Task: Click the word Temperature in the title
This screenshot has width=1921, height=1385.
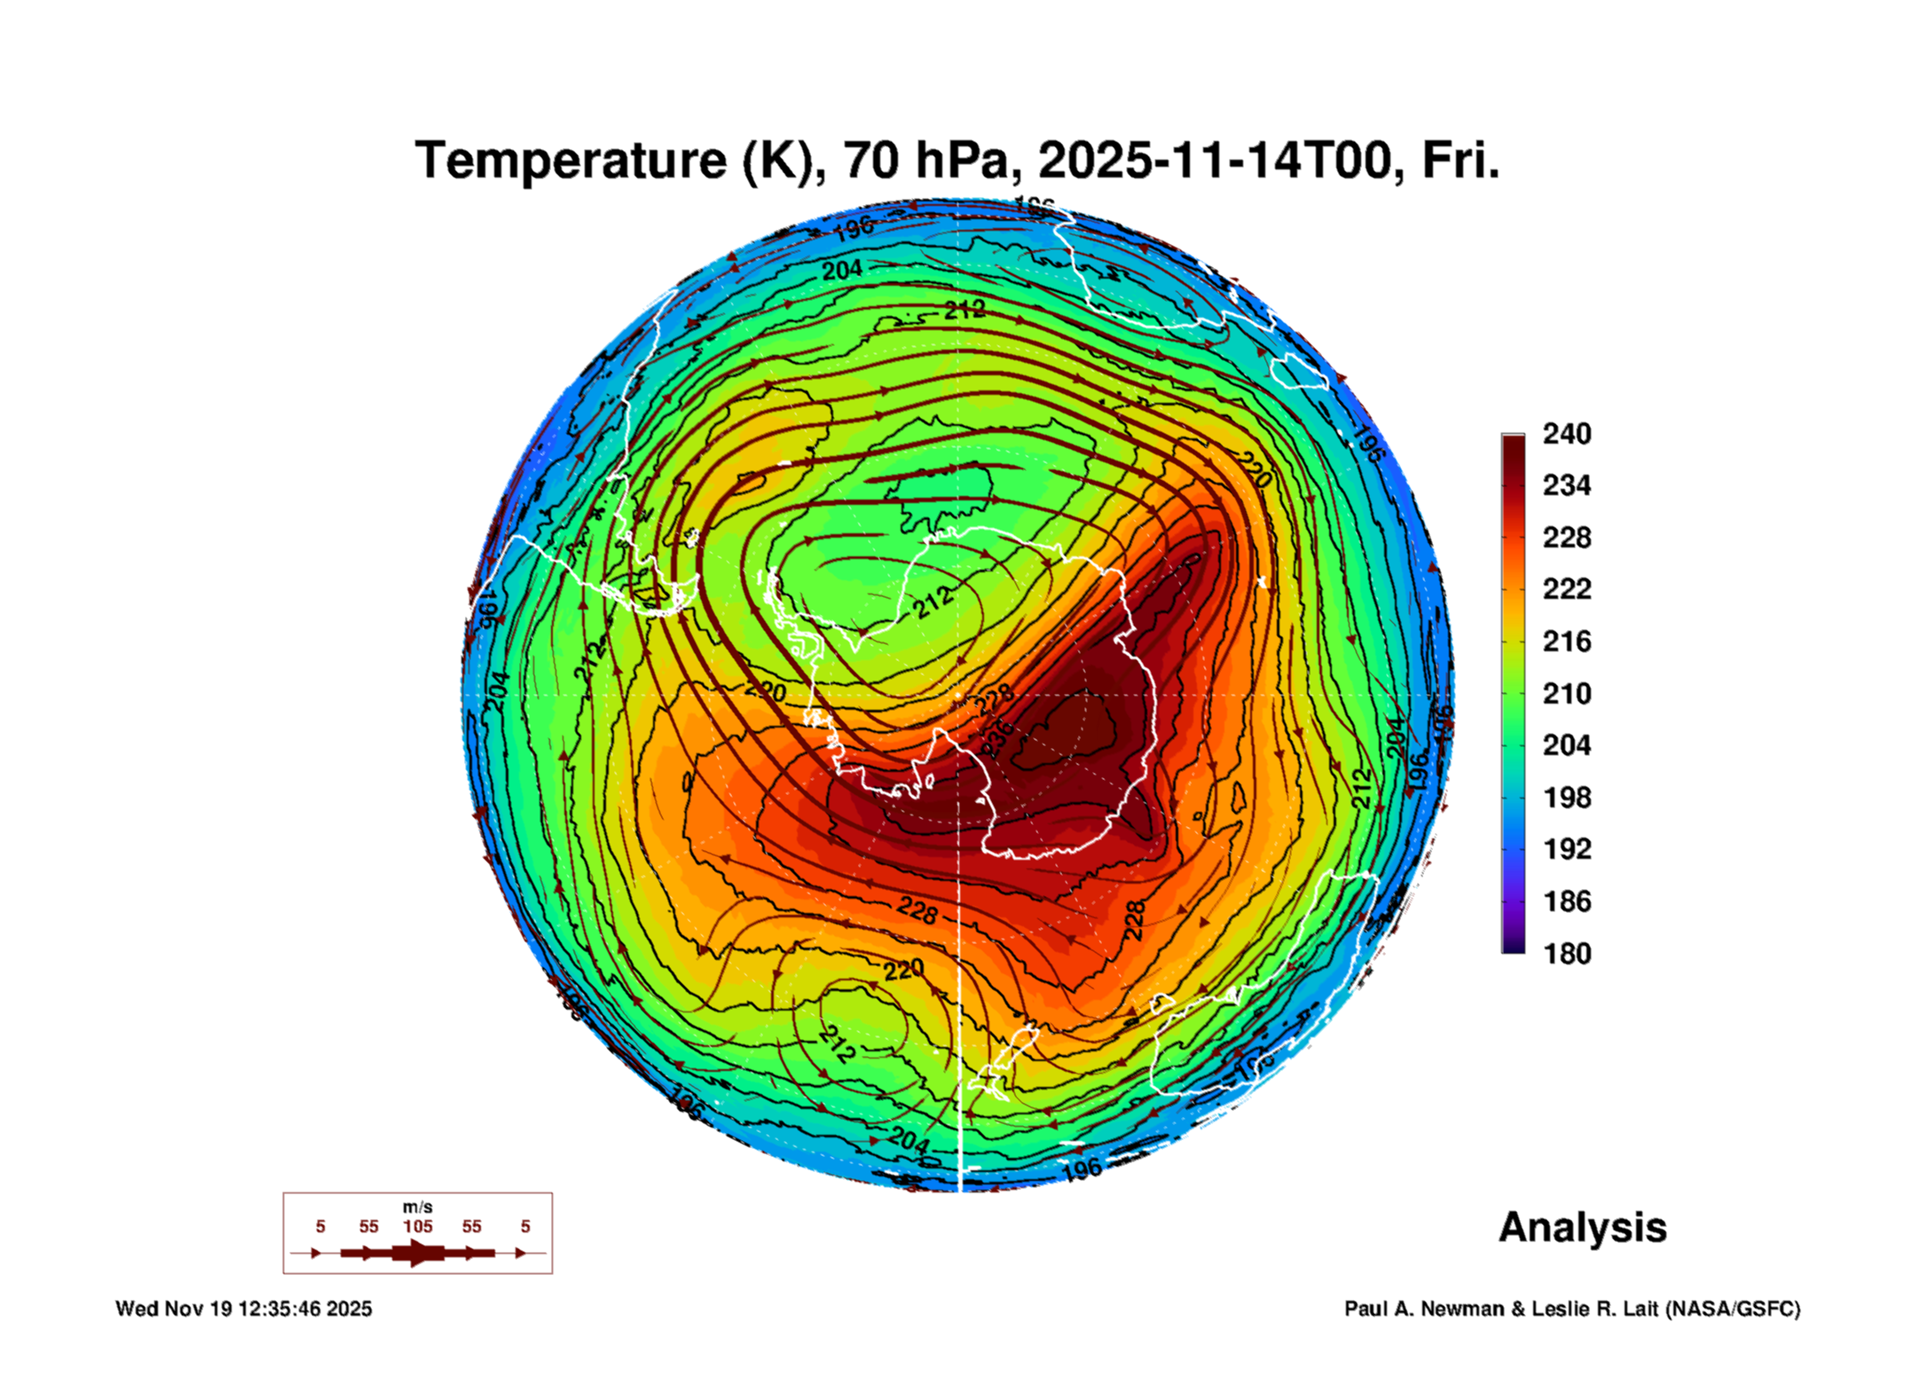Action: point(571,161)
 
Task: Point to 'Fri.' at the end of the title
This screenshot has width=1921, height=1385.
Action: point(1460,161)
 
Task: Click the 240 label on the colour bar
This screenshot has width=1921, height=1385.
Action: point(1566,434)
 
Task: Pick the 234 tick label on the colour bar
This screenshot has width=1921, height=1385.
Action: point(1566,485)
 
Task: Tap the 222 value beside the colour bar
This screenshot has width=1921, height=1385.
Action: point(1566,589)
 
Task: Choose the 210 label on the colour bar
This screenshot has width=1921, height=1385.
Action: point(1566,693)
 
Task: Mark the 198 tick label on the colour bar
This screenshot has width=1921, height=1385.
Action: point(1566,798)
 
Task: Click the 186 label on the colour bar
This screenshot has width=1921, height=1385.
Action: point(1566,901)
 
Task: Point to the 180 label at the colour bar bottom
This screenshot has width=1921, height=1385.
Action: point(1566,954)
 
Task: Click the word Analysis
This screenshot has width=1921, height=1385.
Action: point(1582,1228)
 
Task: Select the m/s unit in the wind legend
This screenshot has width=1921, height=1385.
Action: point(417,1207)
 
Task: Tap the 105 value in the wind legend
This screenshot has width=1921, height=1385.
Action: point(417,1226)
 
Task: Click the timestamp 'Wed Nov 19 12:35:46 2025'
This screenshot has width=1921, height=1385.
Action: point(244,1309)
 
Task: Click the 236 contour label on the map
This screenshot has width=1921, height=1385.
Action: point(997,737)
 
